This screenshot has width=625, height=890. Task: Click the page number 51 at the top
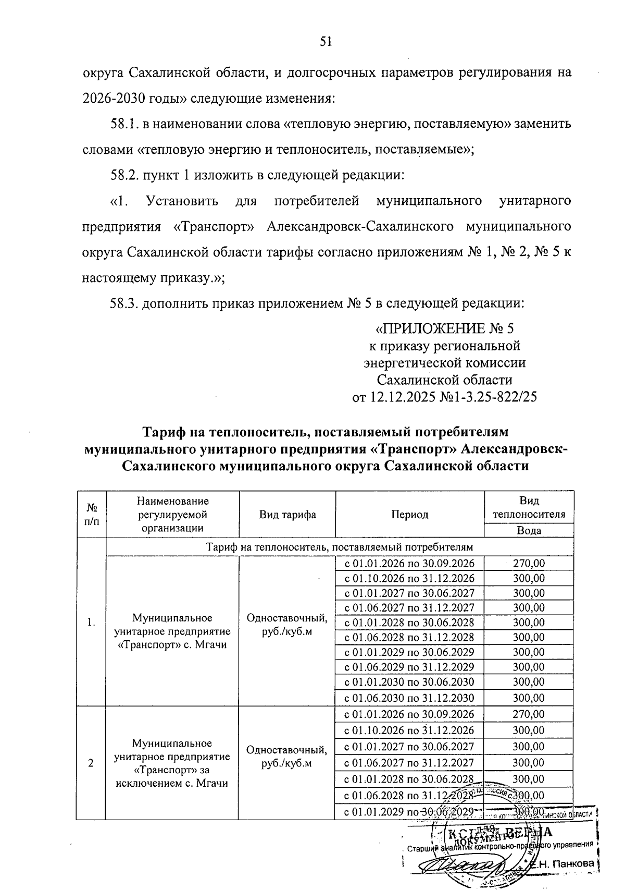click(326, 42)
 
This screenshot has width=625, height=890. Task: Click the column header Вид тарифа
click(287, 515)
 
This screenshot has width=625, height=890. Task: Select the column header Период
click(410, 515)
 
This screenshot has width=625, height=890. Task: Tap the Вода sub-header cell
click(529, 531)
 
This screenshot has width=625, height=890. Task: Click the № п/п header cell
click(92, 515)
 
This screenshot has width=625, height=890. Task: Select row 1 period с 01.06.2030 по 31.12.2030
click(410, 698)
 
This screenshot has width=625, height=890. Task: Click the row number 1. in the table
click(92, 622)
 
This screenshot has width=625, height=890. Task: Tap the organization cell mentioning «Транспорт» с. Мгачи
click(172, 631)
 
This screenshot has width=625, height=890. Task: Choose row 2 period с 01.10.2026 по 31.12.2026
click(410, 730)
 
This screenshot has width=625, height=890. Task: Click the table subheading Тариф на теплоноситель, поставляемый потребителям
click(340, 547)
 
